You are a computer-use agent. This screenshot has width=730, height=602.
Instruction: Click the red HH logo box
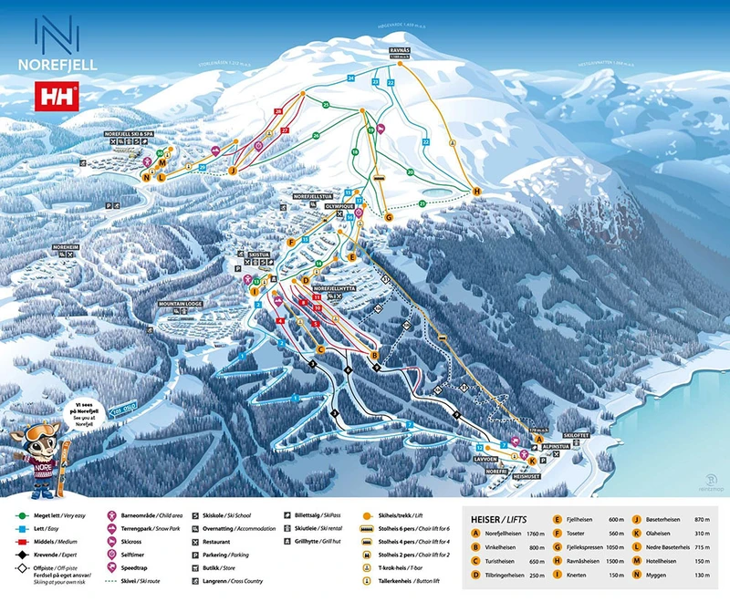[56, 95]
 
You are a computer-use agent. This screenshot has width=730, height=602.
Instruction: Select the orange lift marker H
[476, 191]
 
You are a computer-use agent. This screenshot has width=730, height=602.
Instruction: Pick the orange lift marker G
[388, 217]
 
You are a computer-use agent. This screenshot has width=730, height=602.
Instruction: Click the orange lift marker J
[233, 169]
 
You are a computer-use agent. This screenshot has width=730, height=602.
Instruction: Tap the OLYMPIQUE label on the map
[339, 207]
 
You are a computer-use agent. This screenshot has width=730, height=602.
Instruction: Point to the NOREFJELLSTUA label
[311, 196]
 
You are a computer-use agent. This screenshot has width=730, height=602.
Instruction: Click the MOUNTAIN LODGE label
[179, 303]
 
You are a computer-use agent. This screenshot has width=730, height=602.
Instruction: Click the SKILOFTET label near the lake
[580, 436]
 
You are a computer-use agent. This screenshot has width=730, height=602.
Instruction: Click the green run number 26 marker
[316, 135]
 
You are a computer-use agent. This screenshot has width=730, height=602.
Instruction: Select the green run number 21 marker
[326, 105]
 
